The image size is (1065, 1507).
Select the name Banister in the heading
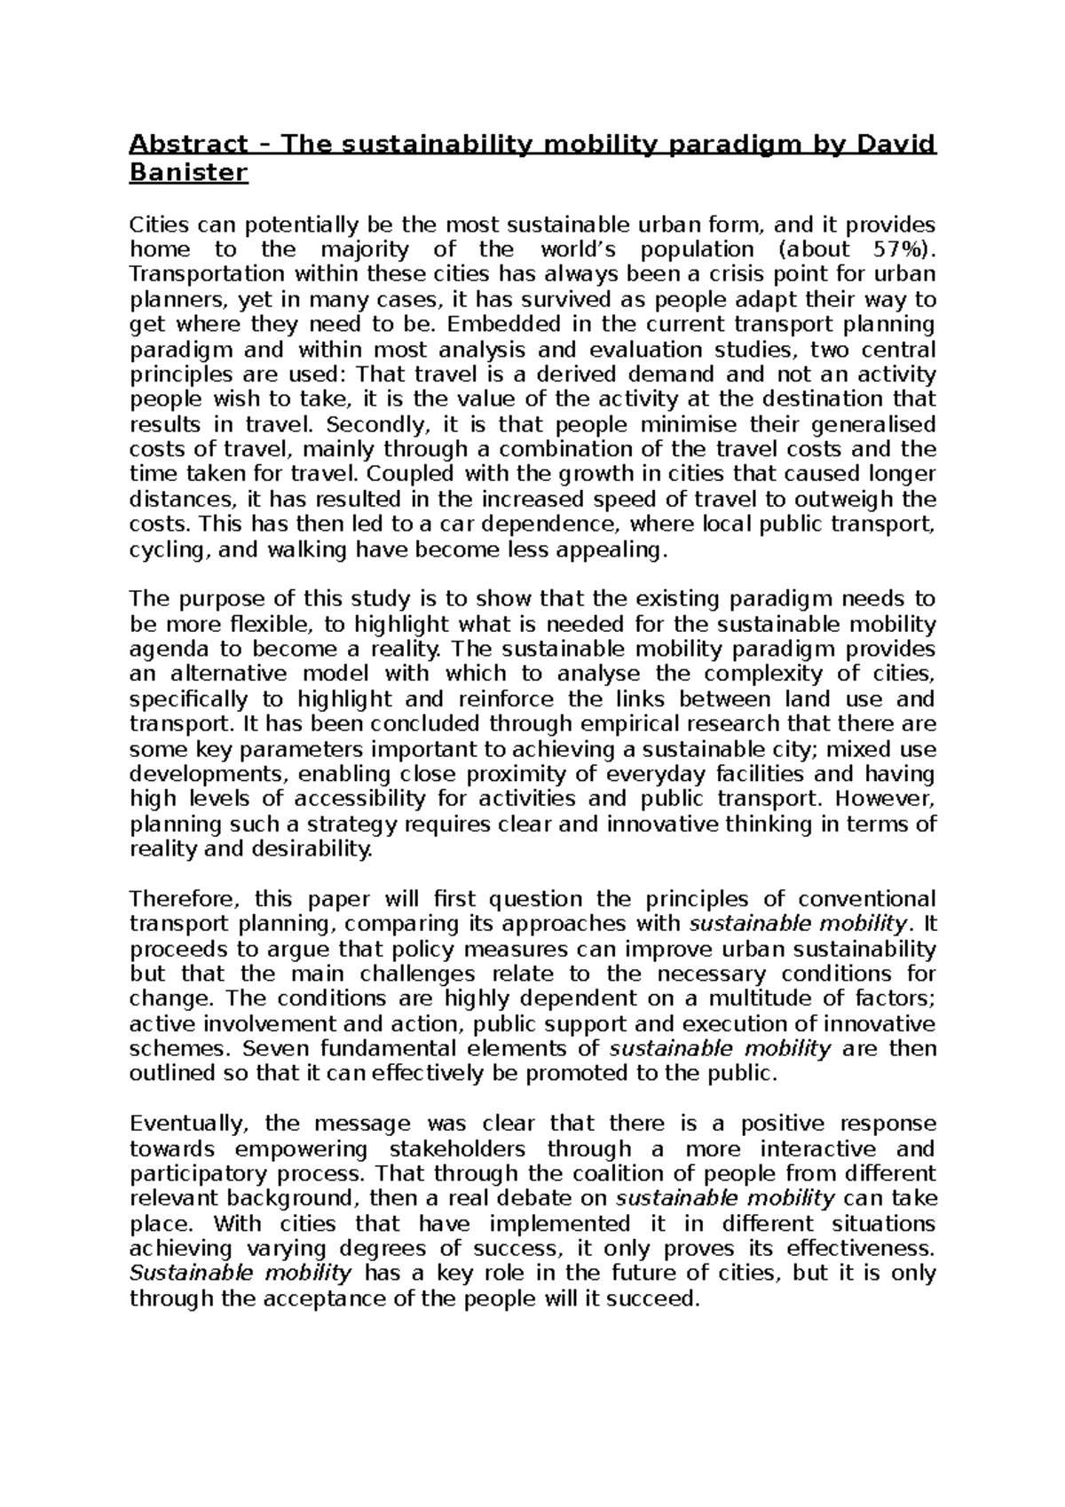point(189,173)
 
